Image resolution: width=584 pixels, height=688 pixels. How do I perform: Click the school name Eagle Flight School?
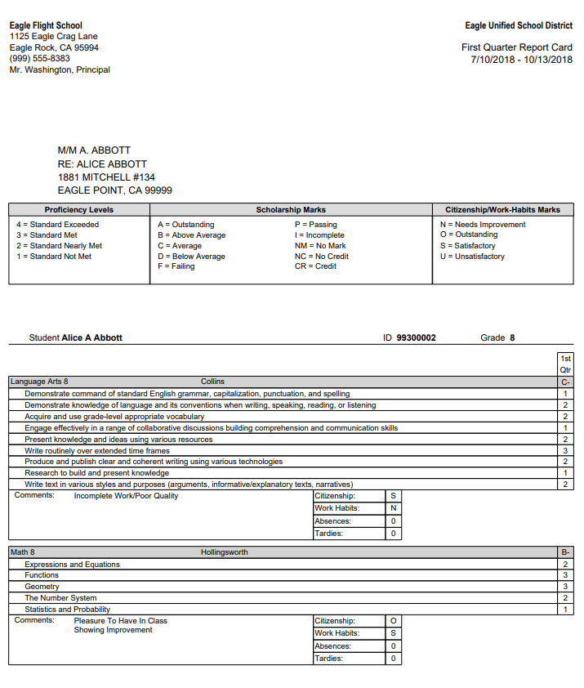[46, 25]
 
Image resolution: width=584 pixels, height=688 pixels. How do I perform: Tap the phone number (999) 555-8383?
[39, 59]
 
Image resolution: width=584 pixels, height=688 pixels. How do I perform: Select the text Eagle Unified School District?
[519, 26]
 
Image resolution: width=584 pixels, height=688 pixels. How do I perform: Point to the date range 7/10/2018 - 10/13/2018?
[521, 60]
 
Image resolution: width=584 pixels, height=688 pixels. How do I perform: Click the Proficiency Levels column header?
[78, 210]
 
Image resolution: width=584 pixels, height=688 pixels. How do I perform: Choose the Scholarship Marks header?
[291, 210]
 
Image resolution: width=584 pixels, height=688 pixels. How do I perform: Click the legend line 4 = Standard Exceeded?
[57, 225]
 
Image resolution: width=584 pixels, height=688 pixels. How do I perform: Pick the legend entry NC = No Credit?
[321, 257]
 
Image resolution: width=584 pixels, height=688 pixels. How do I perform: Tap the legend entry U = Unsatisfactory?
[472, 257]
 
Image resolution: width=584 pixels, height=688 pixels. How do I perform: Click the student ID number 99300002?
[416, 337]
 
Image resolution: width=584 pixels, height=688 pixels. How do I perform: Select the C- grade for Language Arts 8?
[565, 382]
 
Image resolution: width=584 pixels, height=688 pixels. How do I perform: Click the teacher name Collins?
[212, 382]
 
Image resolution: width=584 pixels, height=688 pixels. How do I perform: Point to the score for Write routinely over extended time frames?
[565, 450]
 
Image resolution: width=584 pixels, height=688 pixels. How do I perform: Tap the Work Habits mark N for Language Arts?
[393, 508]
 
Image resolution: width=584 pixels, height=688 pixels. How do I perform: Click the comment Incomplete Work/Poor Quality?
[126, 496]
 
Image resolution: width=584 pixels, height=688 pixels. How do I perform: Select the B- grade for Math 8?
[565, 552]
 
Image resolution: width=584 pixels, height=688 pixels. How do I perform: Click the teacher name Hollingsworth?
[225, 552]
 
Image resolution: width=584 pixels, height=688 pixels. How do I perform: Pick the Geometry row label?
[42, 587]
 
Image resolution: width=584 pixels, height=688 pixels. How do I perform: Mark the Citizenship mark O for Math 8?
[393, 621]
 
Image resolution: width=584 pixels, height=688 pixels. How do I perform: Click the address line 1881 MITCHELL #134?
[106, 177]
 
